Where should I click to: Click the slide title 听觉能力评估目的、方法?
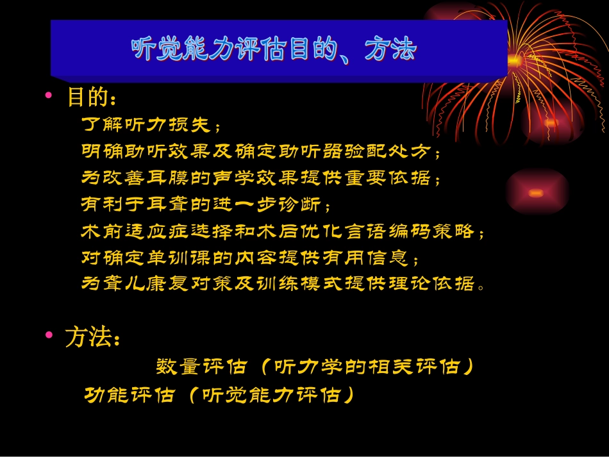pyautogui.click(x=274, y=49)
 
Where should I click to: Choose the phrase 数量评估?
pyautogui.click(x=201, y=367)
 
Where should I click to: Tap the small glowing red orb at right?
pyautogui.click(x=536, y=192)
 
